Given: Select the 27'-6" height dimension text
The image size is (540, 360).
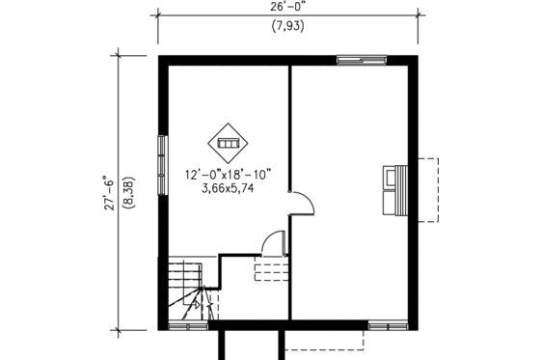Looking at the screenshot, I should point(111,192).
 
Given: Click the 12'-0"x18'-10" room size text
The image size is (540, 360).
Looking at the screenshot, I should point(229,175).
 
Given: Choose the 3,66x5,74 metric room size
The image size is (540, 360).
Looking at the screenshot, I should point(229,190).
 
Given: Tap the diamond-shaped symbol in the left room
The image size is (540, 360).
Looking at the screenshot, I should point(229,142).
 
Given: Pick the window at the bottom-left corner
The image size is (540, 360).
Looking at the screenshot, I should point(183,325).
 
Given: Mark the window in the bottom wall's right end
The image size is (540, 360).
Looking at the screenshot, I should point(391,324).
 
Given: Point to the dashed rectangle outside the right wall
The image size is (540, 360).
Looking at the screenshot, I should point(427,189).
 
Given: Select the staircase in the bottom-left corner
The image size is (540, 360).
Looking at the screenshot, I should point(189,290).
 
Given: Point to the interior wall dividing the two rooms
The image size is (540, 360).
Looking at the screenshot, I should point(290,135).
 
